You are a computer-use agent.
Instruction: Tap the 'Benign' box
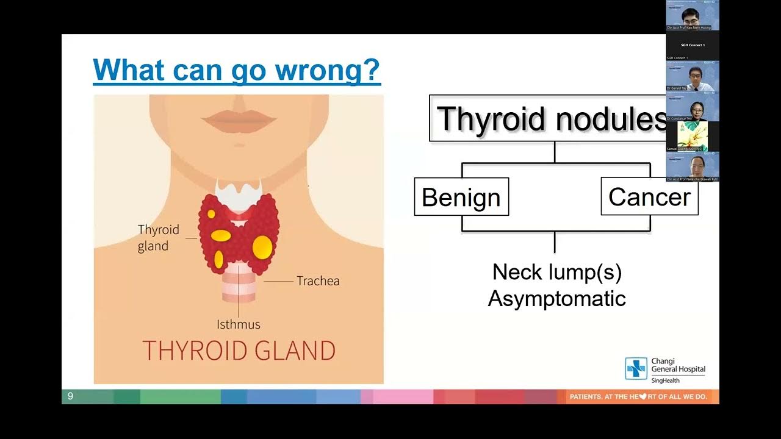pyautogui.click(x=461, y=197)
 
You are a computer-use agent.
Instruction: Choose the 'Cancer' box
pyautogui.click(x=649, y=196)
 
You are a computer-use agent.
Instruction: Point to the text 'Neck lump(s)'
pyautogui.click(x=556, y=272)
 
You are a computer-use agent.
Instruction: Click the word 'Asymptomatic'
pyautogui.click(x=556, y=299)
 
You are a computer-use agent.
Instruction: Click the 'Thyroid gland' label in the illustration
pyautogui.click(x=159, y=238)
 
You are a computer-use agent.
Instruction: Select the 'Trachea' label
pyautogui.click(x=318, y=281)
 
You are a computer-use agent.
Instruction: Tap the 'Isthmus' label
pyautogui.click(x=238, y=324)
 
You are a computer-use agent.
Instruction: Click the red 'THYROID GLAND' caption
pyautogui.click(x=239, y=351)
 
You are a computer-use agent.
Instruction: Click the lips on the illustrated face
pyautogui.click(x=239, y=120)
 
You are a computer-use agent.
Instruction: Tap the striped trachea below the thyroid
pyautogui.click(x=239, y=287)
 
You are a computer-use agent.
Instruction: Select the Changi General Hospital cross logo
pyautogui.click(x=636, y=369)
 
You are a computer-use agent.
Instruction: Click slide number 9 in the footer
pyautogui.click(x=70, y=396)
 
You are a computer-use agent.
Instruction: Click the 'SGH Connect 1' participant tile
pyautogui.click(x=693, y=46)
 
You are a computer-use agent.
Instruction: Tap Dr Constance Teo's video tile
pyautogui.click(x=693, y=107)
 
